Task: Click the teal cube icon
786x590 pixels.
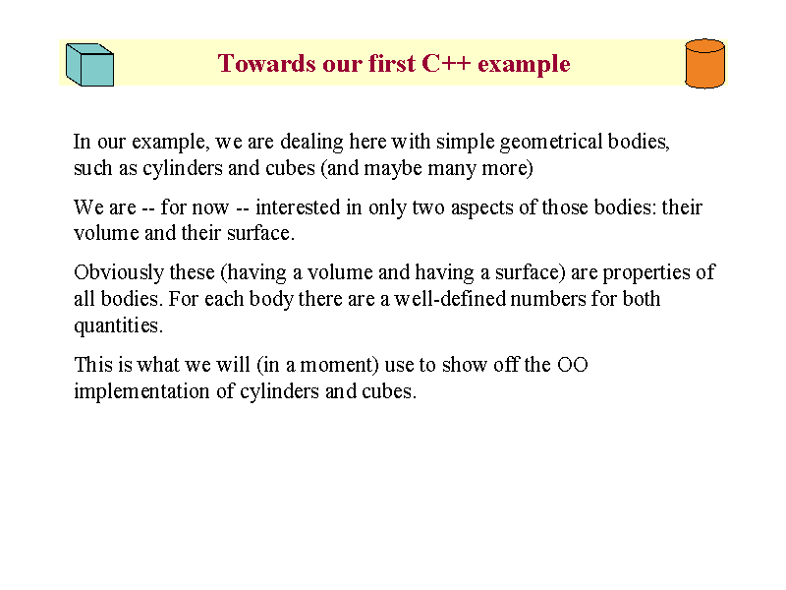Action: tap(90, 65)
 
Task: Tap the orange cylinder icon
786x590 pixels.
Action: tap(704, 64)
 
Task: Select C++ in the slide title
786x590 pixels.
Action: tap(446, 64)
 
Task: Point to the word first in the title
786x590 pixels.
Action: tap(392, 64)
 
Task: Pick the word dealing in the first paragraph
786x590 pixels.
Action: tap(311, 143)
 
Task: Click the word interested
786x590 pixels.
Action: tap(298, 207)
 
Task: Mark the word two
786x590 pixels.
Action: tap(428, 207)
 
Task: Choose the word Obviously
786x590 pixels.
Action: tap(119, 273)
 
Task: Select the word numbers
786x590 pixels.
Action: tap(548, 299)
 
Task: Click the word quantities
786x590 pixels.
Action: tap(118, 326)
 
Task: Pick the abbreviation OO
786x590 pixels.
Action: tap(573, 365)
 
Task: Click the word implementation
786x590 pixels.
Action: tap(141, 391)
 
